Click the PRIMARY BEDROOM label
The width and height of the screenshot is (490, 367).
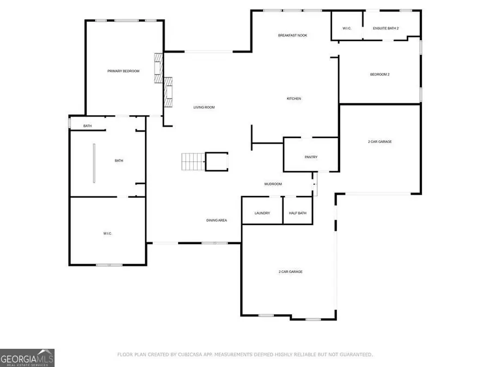click(x=123, y=71)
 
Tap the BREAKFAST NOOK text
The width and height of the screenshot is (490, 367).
click(x=292, y=35)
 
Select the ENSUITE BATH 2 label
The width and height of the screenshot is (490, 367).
click(x=386, y=28)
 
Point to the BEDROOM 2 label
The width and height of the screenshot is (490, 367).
click(x=379, y=74)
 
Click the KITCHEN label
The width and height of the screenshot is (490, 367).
click(x=294, y=98)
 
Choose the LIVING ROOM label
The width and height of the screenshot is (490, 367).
click(x=204, y=107)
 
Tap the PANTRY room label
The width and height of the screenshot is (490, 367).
click(x=311, y=157)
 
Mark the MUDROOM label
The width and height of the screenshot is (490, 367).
click(x=273, y=184)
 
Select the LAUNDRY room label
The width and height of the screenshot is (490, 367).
click(x=262, y=213)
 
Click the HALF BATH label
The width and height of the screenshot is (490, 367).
click(x=298, y=213)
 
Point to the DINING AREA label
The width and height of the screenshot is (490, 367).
click(x=216, y=220)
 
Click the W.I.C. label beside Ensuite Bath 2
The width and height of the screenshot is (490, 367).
click(x=347, y=28)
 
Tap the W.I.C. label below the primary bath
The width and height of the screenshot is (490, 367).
click(x=107, y=233)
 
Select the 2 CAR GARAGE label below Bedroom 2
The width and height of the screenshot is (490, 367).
click(x=379, y=141)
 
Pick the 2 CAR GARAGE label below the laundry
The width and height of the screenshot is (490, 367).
click(x=290, y=271)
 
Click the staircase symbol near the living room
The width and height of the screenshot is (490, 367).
click(x=192, y=161)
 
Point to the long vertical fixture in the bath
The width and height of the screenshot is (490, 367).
click(x=94, y=164)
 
